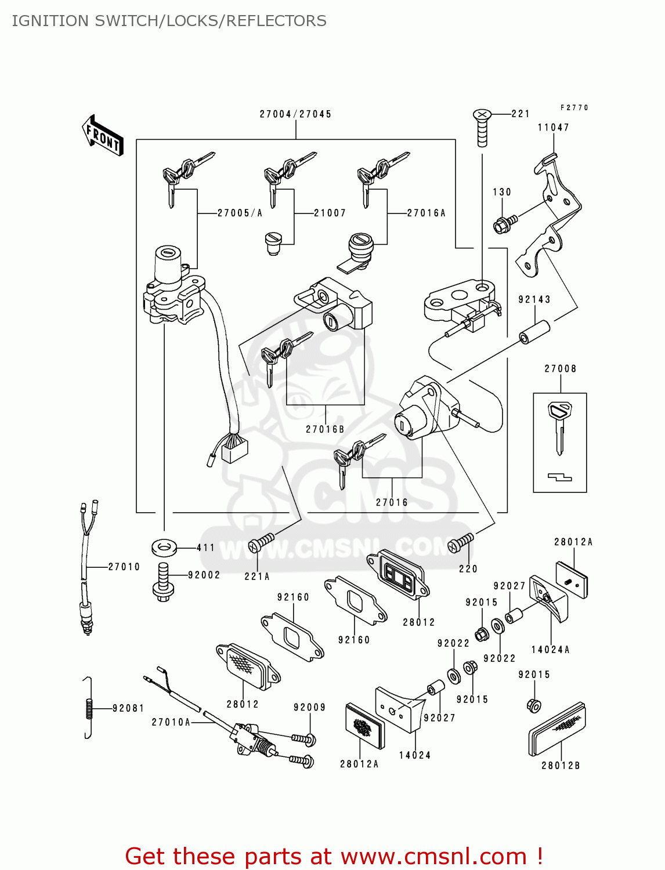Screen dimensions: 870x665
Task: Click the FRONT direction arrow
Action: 103,136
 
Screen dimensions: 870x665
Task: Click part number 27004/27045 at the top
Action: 295,114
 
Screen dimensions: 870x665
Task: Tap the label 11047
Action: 553,128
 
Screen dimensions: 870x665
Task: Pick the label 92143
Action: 534,299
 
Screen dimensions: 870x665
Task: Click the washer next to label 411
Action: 164,546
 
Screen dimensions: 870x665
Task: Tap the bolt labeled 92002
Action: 163,582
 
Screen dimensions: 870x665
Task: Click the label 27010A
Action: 171,722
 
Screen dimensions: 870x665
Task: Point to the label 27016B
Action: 325,429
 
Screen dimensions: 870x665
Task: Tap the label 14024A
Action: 550,650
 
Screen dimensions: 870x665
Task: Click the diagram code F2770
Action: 574,108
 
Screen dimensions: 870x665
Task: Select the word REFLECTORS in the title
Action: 276,21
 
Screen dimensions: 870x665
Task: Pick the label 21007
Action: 330,213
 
